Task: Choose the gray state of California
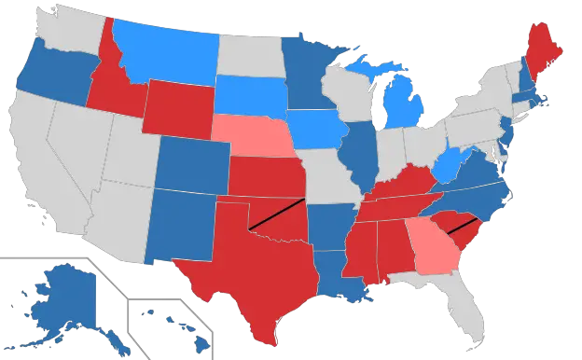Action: click(x=37, y=159)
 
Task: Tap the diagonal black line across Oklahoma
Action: click(x=277, y=215)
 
